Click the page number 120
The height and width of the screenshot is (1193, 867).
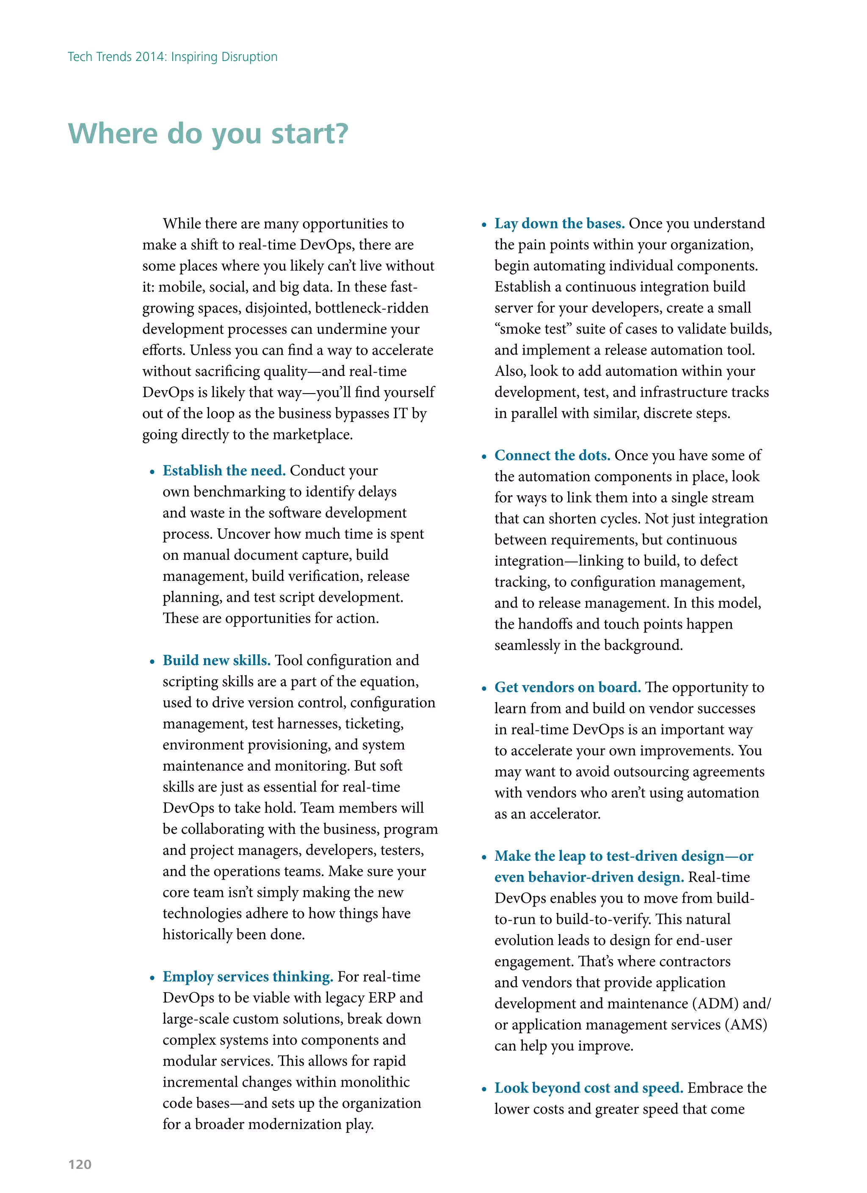[x=80, y=1164]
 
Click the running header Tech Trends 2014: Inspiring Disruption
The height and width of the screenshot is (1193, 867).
[x=172, y=57]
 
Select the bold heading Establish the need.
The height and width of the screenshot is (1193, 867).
[x=224, y=470]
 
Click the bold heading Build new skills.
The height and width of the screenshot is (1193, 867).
[x=216, y=660]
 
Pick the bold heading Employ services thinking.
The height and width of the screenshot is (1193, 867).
[x=248, y=976]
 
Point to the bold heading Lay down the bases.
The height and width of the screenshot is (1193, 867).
[x=559, y=224]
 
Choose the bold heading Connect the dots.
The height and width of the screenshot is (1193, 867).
[x=552, y=455]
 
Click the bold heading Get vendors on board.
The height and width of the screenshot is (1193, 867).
[x=567, y=687]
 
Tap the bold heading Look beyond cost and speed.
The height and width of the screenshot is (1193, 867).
[x=588, y=1087]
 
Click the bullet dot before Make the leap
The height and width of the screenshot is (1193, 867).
[x=484, y=857]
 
